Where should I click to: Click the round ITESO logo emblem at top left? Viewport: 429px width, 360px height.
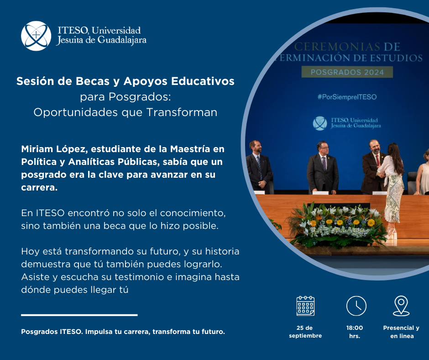(x=36, y=36)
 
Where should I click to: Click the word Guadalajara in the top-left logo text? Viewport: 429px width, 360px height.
(x=122, y=40)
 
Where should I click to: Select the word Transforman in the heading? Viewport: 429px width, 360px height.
(x=182, y=112)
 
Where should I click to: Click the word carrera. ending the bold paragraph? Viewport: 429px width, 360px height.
(x=39, y=187)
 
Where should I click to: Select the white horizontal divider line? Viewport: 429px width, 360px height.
(x=79, y=315)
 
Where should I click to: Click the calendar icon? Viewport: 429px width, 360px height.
(x=305, y=306)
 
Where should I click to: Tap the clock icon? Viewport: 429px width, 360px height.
(x=356, y=306)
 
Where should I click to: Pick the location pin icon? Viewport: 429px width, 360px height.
(x=401, y=306)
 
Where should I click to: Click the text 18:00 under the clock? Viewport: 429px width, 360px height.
(x=355, y=328)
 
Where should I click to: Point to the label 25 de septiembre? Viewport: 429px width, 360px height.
(x=305, y=332)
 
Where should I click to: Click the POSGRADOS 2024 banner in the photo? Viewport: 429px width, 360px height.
(x=347, y=72)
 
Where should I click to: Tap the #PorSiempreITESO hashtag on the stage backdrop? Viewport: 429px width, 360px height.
(x=347, y=97)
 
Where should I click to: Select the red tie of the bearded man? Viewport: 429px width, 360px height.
(x=378, y=160)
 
